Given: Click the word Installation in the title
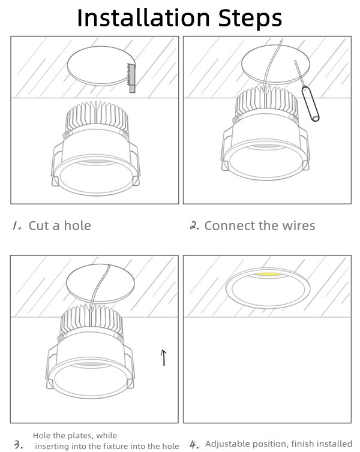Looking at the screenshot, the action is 143,17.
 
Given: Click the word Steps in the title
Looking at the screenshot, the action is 250,18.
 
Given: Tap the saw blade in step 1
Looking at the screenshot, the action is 131,78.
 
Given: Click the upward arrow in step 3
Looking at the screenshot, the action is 164,358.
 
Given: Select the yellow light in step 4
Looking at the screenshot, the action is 268,274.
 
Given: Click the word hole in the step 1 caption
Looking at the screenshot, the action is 77,225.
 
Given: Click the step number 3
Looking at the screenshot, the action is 19,444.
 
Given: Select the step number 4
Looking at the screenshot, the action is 194,444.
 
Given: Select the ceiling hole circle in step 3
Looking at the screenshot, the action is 100,283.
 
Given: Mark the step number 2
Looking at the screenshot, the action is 194,225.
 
